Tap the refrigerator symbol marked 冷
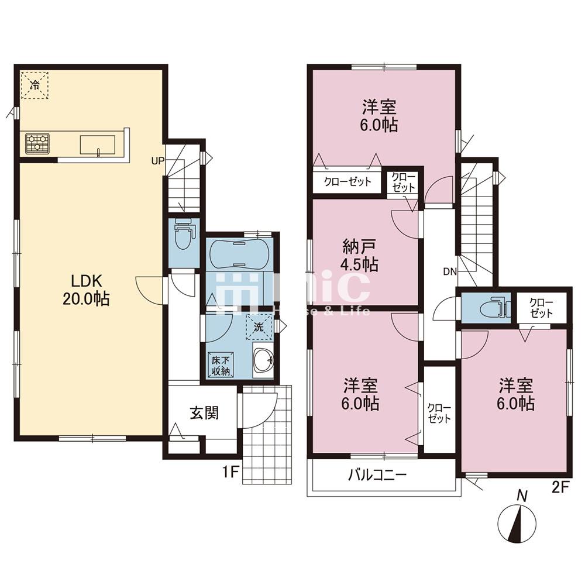pyautogui.click(x=35, y=85)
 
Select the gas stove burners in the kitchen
pyautogui.click(x=37, y=143)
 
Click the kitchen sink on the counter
pyautogui.click(x=98, y=144)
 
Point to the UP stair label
pyautogui.click(x=157, y=161)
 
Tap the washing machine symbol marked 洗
pyautogui.click(x=259, y=327)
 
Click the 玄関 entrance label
pyautogui.click(x=204, y=414)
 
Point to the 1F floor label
pyautogui.click(x=230, y=473)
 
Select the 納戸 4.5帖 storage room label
pyautogui.click(x=360, y=256)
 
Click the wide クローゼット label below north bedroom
pyautogui.click(x=347, y=182)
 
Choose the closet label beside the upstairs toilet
pyautogui.click(x=541, y=308)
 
